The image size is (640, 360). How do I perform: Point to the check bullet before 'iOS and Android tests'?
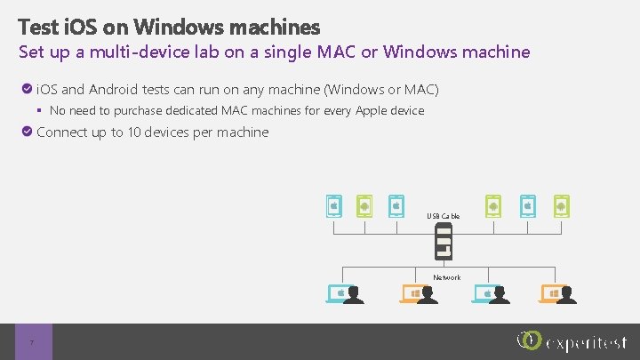28,90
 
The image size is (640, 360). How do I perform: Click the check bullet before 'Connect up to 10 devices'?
28,132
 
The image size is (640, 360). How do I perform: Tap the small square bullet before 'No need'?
40,111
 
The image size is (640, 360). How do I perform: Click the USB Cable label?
443,216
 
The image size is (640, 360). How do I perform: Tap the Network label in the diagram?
446,277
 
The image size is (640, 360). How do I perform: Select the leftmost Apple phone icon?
333,206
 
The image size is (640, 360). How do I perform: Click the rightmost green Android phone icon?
560,206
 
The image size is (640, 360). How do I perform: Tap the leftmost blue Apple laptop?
339,293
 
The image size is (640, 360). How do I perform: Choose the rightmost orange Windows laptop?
551,293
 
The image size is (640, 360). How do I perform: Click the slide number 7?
32,343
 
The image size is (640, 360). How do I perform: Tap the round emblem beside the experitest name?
528,341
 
